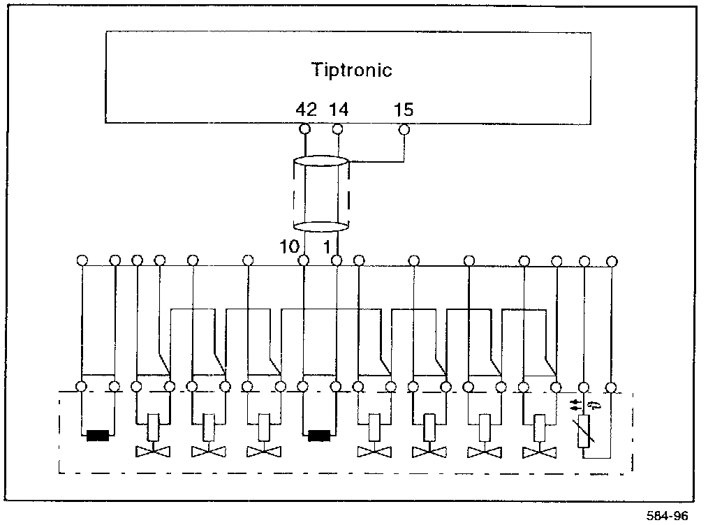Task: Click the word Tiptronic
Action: coord(351,70)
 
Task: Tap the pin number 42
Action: coord(306,110)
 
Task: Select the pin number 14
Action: coord(339,110)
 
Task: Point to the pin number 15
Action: coord(404,110)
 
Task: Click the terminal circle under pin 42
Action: coord(304,128)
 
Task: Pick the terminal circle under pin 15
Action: coord(404,128)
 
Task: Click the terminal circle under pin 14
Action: coord(337,128)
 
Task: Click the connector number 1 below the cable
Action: coord(325,246)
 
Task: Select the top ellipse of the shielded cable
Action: coord(320,161)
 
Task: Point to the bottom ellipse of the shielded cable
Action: coord(320,225)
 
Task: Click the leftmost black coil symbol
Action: coord(100,437)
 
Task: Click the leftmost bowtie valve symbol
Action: coord(152,451)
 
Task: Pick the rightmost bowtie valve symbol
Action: coord(539,451)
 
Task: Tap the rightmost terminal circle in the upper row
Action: coord(612,261)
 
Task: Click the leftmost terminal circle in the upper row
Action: coord(82,261)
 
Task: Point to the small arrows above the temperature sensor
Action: coord(574,404)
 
